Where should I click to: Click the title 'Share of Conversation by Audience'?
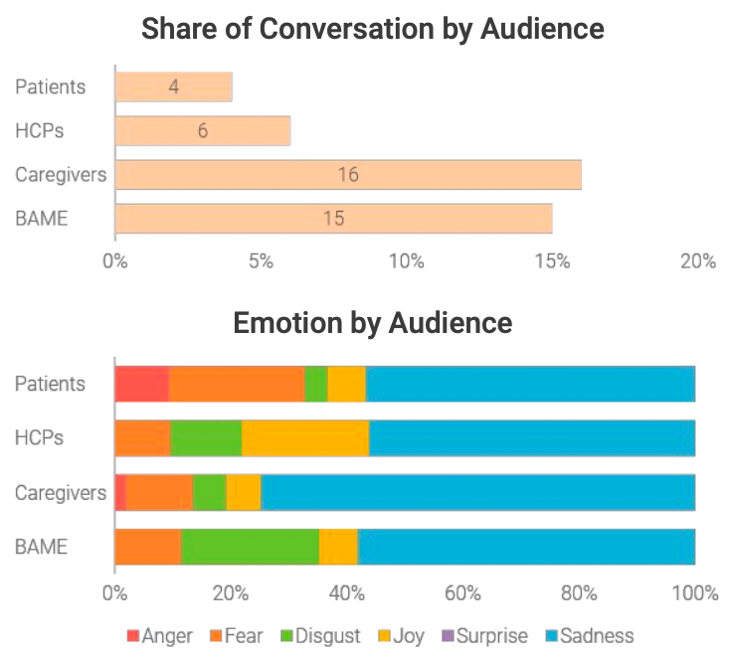pyautogui.click(x=372, y=28)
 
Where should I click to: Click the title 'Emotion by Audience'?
pyautogui.click(x=372, y=323)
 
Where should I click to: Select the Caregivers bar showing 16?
pyautogui.click(x=348, y=175)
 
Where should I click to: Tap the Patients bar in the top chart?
pyautogui.click(x=174, y=86)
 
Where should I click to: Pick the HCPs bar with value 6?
pyautogui.click(x=203, y=130)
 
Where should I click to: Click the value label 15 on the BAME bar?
pyautogui.click(x=334, y=219)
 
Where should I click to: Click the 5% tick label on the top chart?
pyautogui.click(x=261, y=261)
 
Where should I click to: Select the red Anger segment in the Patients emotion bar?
pyautogui.click(x=141, y=383)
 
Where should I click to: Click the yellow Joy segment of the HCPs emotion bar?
pyautogui.click(x=305, y=437)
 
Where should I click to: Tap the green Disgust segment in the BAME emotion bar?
pyautogui.click(x=250, y=546)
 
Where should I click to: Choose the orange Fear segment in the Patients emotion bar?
pyautogui.click(x=237, y=383)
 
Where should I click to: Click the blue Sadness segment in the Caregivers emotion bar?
pyautogui.click(x=477, y=491)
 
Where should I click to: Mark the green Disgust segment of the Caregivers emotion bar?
pyautogui.click(x=209, y=491)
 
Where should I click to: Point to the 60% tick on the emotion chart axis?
pyautogui.click(x=462, y=593)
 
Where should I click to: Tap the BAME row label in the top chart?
pyautogui.click(x=41, y=219)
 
